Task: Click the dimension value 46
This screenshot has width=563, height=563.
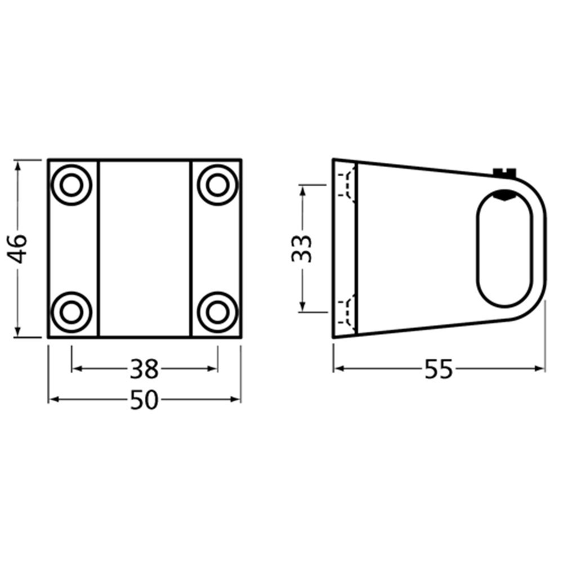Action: point(19,248)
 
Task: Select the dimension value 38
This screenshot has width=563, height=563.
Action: point(145,369)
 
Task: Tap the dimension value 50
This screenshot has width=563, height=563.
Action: point(145,400)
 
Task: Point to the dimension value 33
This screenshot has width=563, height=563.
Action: point(302,248)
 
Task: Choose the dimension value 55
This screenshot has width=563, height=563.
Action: point(439,369)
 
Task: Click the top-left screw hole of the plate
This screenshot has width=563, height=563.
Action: point(72,185)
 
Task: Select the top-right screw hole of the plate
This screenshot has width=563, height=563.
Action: point(217,185)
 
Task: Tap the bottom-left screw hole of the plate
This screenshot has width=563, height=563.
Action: point(72,312)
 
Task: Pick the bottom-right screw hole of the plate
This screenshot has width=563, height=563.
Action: point(217,312)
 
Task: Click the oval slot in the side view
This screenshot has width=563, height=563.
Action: point(504,248)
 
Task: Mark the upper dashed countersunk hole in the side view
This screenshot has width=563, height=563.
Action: point(346,182)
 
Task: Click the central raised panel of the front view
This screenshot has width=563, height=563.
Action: point(145,248)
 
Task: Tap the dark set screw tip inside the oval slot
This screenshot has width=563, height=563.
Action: point(504,195)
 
